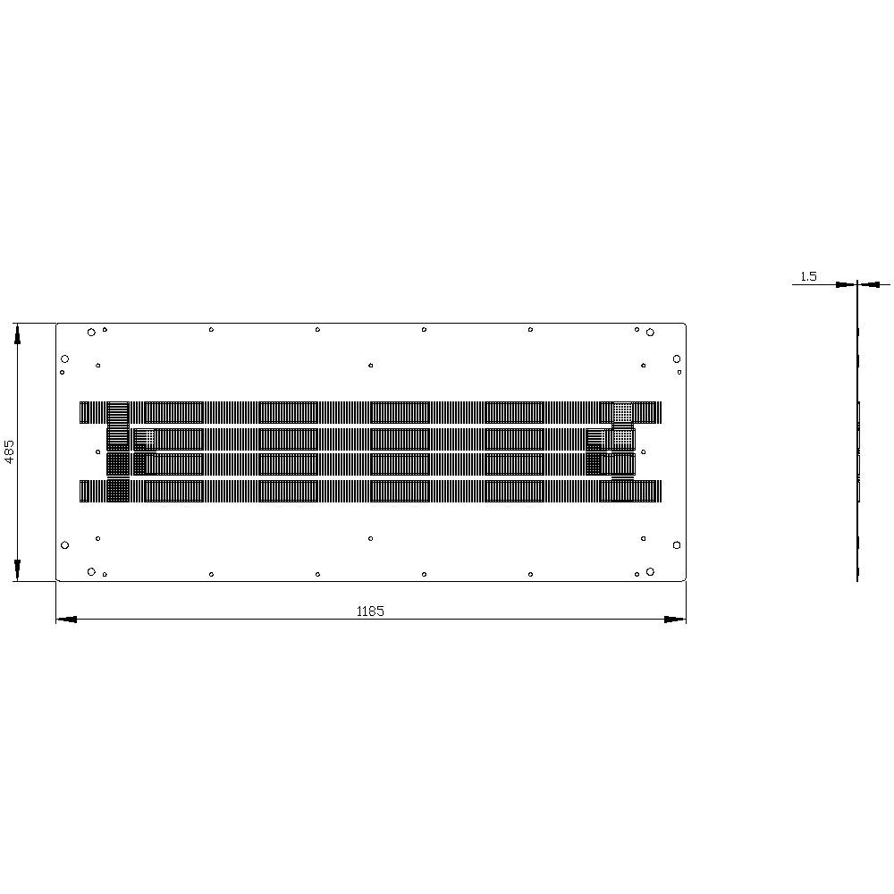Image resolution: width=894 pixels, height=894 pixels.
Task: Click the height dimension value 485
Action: [10, 452]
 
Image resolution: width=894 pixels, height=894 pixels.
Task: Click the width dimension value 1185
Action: [370, 611]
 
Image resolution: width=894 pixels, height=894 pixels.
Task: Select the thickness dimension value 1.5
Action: [808, 276]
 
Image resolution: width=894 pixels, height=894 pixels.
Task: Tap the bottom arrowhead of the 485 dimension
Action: [17, 570]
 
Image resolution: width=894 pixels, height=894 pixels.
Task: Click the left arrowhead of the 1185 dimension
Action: [66, 619]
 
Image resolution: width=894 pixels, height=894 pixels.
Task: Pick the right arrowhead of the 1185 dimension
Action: [675, 619]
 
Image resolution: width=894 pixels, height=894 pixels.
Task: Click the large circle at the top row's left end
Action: [91, 333]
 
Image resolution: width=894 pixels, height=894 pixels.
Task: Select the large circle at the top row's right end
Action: [650, 333]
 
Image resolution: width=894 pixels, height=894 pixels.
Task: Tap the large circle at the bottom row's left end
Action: [91, 571]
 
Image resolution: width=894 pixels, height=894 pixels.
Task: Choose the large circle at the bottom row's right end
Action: [650, 571]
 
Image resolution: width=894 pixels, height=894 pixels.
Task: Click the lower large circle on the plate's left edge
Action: [64, 544]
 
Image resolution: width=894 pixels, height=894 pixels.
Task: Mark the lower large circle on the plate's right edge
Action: [677, 544]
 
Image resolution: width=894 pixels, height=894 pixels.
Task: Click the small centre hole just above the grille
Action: [371, 365]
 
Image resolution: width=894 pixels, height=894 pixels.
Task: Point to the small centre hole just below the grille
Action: [371, 538]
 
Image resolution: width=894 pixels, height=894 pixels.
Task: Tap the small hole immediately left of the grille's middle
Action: [98, 451]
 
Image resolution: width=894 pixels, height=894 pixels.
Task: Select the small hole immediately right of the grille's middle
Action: [644, 451]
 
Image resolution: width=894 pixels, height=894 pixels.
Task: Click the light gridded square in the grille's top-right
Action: [623, 412]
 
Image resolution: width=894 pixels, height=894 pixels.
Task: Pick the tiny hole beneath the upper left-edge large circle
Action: [63, 372]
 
